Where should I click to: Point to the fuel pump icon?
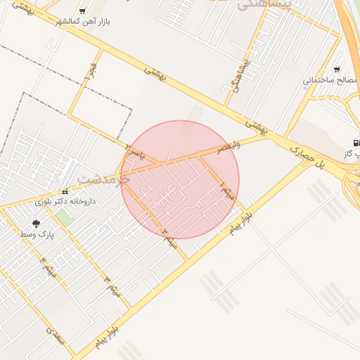[x=356, y=142]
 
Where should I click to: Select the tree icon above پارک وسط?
[x=36, y=223]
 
